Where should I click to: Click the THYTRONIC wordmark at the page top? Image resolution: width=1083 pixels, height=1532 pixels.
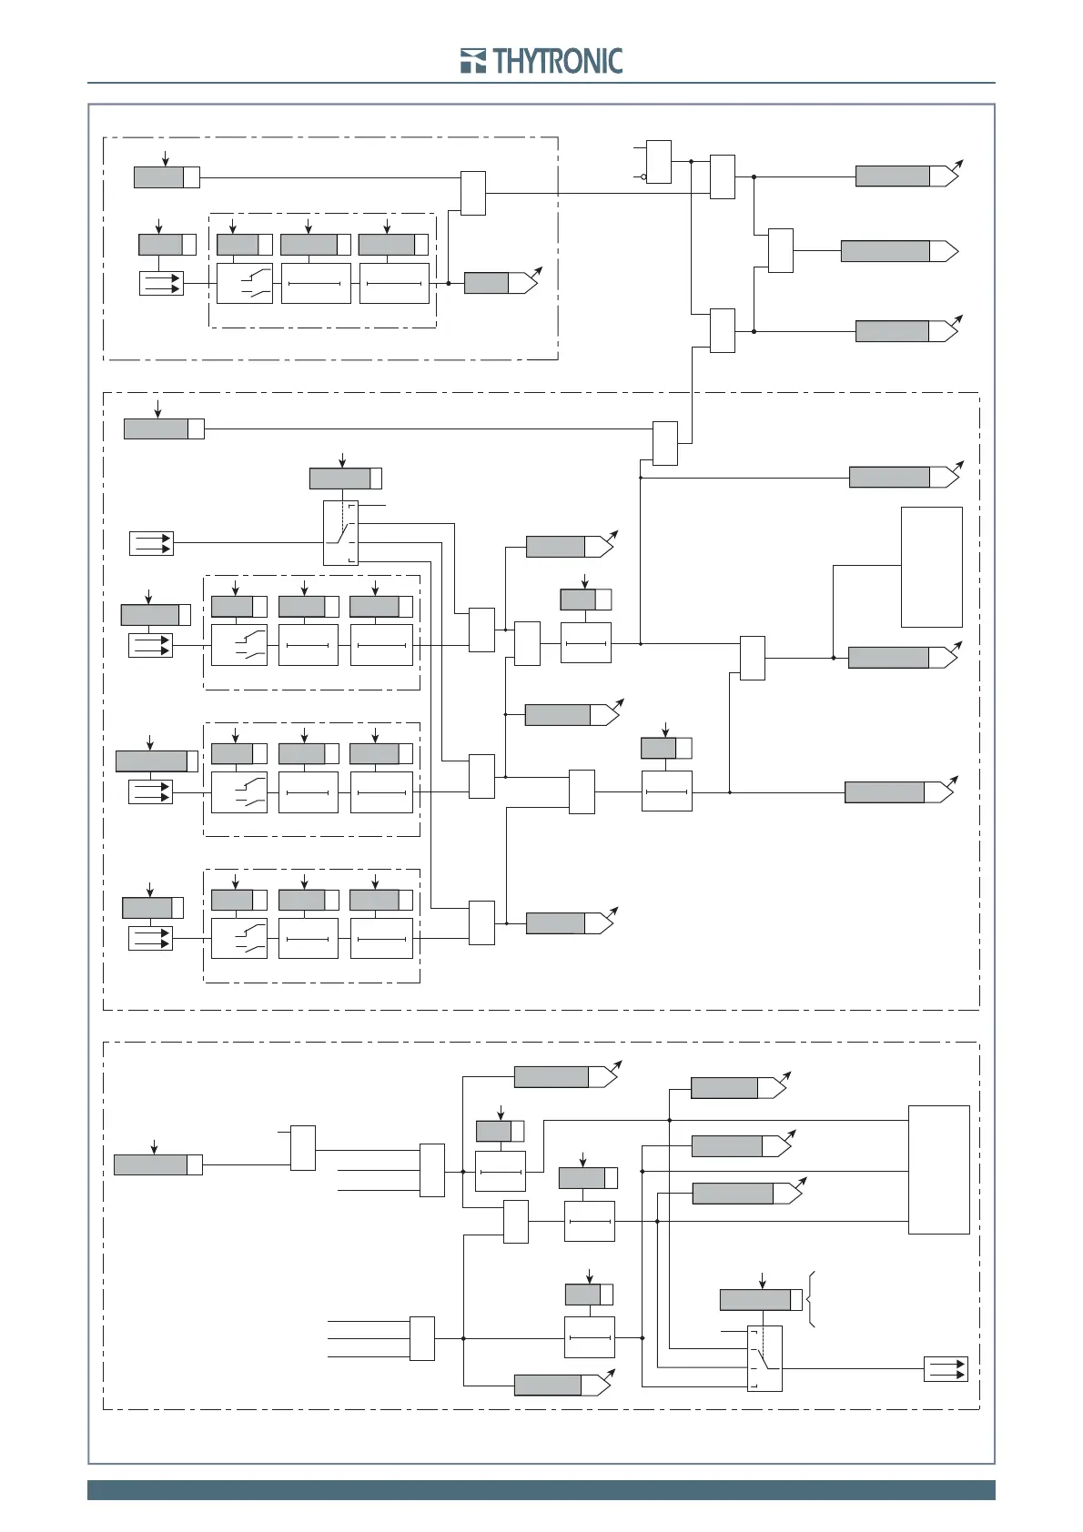558,61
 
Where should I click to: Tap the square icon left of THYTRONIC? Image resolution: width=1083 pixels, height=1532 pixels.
473,61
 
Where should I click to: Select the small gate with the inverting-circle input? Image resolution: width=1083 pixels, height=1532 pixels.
659,162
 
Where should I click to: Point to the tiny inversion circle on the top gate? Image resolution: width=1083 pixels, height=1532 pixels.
643,176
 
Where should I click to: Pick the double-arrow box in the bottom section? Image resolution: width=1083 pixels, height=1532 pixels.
946,1368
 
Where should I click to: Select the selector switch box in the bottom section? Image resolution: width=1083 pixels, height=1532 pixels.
764,1358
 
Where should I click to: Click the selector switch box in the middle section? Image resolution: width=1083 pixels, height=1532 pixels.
340,533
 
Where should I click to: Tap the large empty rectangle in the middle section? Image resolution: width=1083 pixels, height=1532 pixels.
931,567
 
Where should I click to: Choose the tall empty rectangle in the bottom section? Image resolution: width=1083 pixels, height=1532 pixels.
938,1170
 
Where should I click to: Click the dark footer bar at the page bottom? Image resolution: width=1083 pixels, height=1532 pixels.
541,1490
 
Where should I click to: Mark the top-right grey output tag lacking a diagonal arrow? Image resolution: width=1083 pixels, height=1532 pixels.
900,251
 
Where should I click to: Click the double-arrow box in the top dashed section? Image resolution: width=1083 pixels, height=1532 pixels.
161,283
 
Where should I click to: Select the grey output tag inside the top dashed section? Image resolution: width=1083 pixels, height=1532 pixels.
501,283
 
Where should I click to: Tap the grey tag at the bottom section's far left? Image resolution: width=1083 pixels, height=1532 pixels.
158,1164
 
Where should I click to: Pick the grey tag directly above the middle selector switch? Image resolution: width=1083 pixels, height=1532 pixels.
346,478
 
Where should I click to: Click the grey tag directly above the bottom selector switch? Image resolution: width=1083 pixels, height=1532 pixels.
761,1299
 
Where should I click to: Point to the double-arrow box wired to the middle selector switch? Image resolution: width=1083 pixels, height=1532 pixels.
151,543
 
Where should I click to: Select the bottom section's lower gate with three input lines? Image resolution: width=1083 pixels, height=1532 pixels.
422,1338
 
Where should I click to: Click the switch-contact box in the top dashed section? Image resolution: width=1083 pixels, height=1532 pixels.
244,283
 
